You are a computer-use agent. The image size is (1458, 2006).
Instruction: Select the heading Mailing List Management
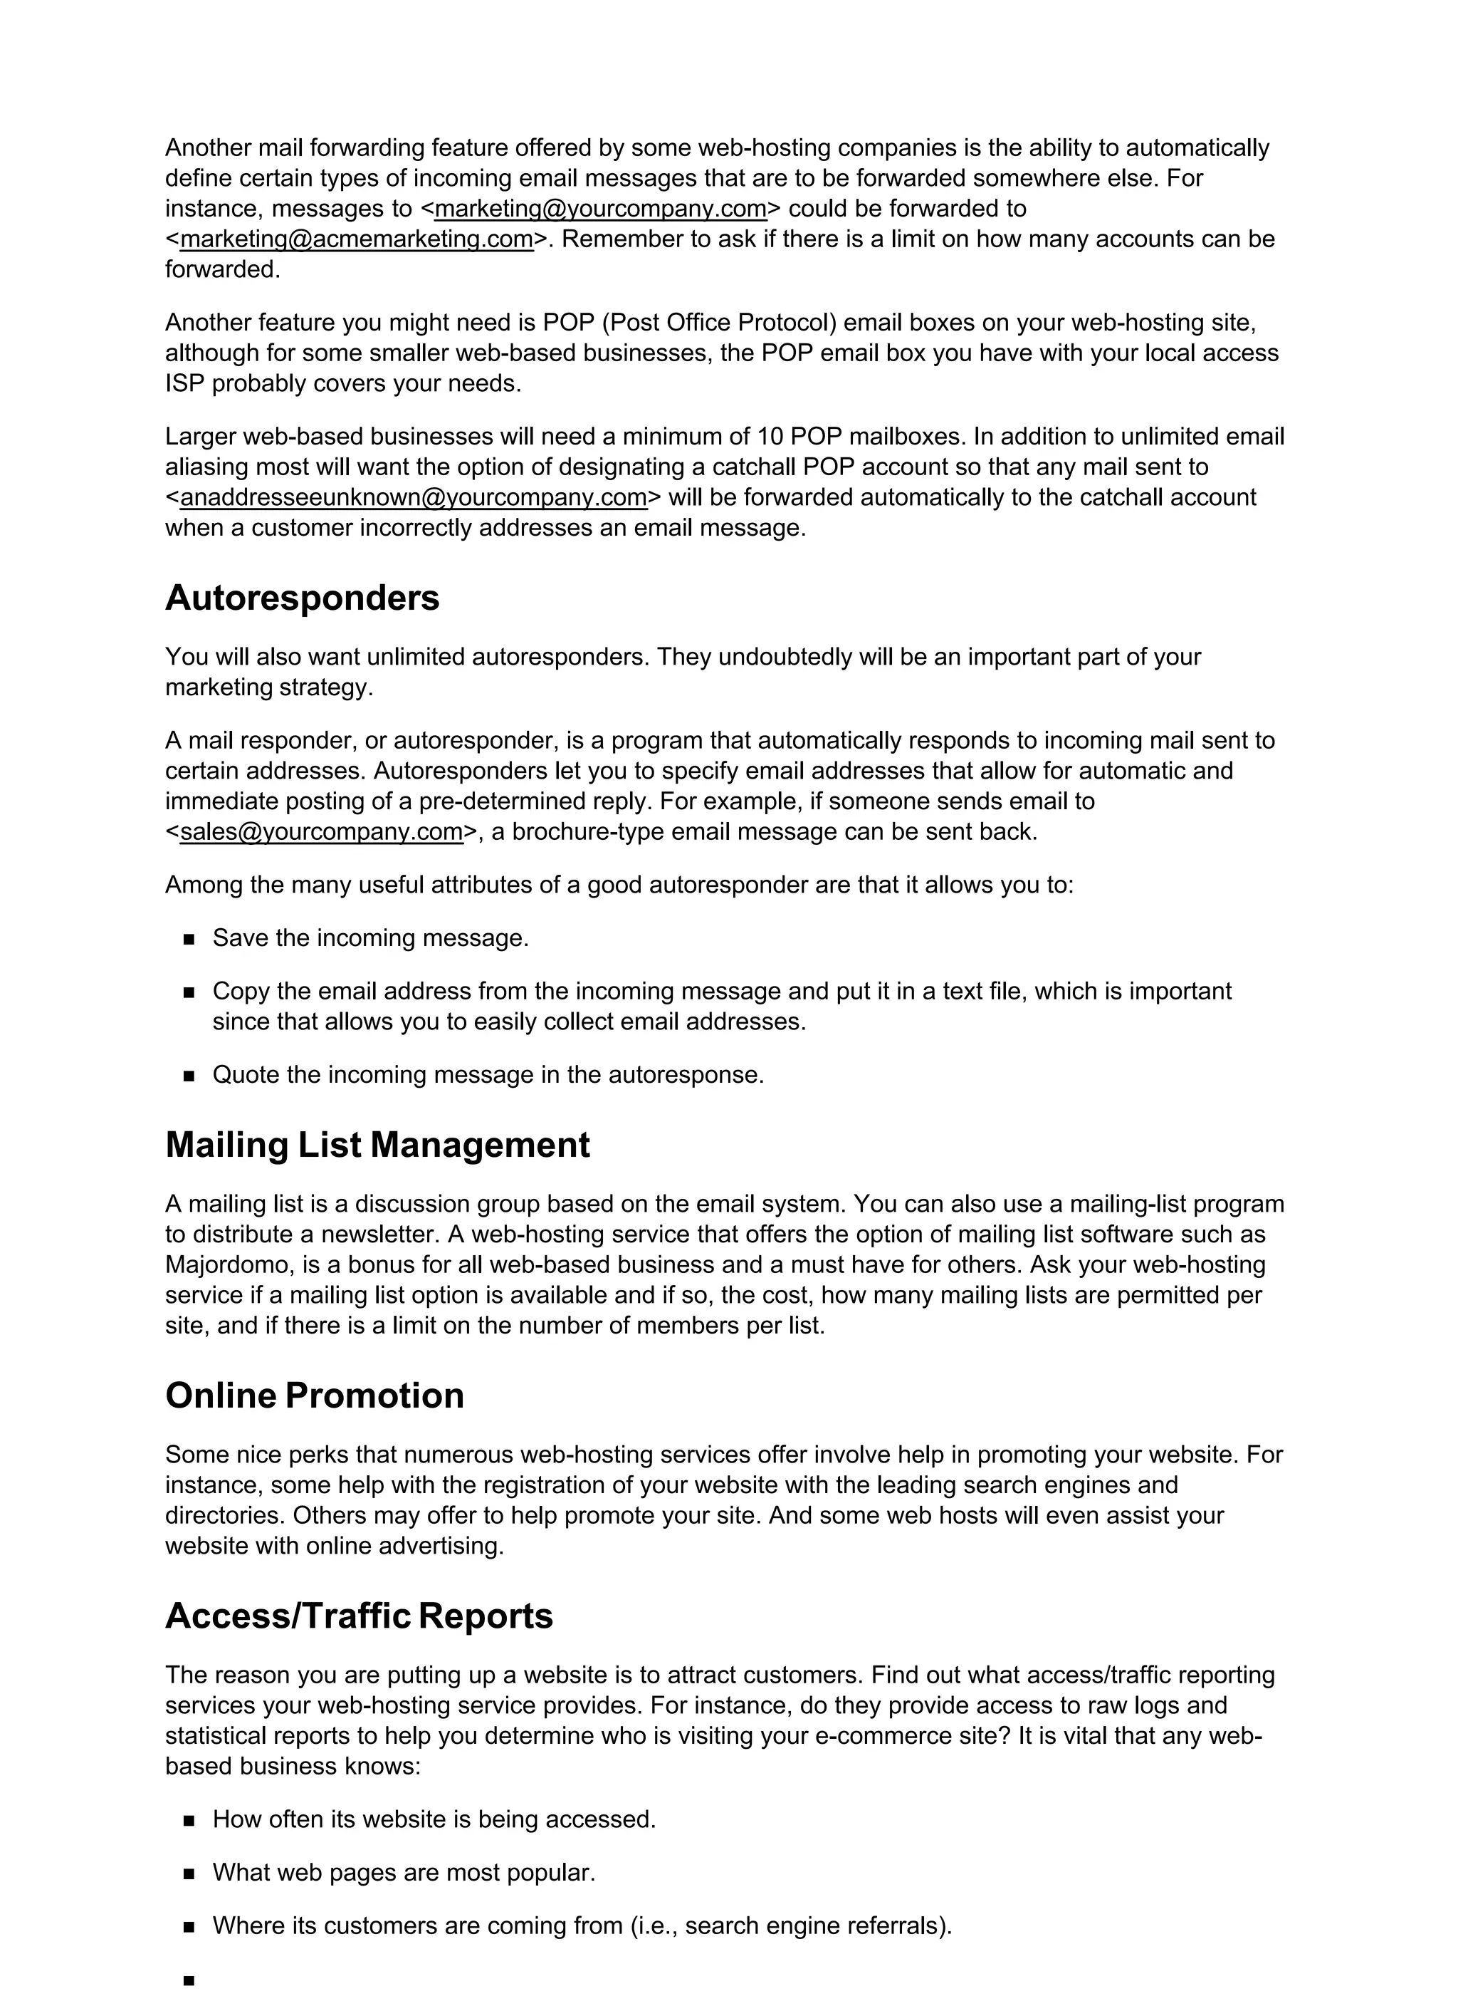(x=377, y=1145)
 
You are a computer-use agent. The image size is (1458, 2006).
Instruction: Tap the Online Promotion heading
(x=314, y=1396)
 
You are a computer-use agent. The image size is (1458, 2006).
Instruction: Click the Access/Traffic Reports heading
(x=358, y=1616)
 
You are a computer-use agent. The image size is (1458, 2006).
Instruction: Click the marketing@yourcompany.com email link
(x=600, y=209)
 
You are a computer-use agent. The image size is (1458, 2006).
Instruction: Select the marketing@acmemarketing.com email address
(x=357, y=239)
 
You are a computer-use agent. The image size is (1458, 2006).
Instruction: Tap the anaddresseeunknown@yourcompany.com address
(x=413, y=498)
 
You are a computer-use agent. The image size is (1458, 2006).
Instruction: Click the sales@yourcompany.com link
(x=321, y=832)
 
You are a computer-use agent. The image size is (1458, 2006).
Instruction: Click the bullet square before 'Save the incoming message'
(x=189, y=940)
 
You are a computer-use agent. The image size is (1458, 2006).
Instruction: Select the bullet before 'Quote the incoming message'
(x=189, y=1076)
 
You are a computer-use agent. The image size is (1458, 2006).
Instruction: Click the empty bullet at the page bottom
(x=189, y=1981)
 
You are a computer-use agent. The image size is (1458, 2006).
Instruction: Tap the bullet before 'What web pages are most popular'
(x=189, y=1874)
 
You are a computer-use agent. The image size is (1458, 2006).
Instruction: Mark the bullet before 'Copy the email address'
(x=189, y=992)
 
